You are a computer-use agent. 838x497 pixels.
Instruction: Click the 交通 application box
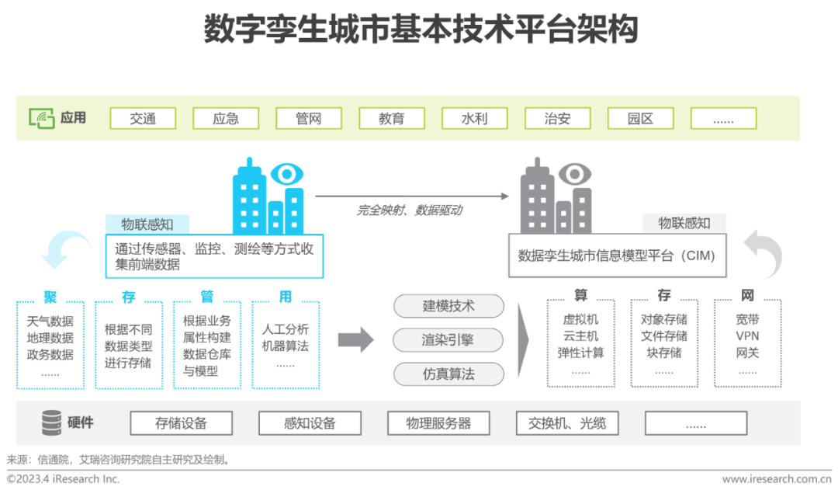[x=143, y=118]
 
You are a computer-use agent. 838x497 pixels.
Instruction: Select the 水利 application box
[x=474, y=118]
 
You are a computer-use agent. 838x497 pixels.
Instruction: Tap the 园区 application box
[x=640, y=118]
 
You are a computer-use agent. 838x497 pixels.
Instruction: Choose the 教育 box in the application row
[x=391, y=118]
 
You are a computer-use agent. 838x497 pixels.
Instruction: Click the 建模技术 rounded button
[x=448, y=306]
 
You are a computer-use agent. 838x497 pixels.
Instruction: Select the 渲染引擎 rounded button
[x=448, y=340]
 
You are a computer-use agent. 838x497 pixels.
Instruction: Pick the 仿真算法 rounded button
[x=448, y=374]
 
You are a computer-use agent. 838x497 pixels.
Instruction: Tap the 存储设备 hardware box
[x=181, y=423]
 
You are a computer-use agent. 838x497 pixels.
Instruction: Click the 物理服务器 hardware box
[x=438, y=423]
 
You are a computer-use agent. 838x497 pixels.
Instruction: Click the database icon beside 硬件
[x=51, y=422]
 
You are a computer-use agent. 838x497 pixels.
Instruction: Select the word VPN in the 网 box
[x=747, y=336]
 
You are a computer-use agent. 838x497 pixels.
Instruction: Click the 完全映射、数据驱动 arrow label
[x=410, y=210]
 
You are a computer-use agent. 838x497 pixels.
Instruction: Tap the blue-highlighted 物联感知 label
[x=147, y=224]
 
